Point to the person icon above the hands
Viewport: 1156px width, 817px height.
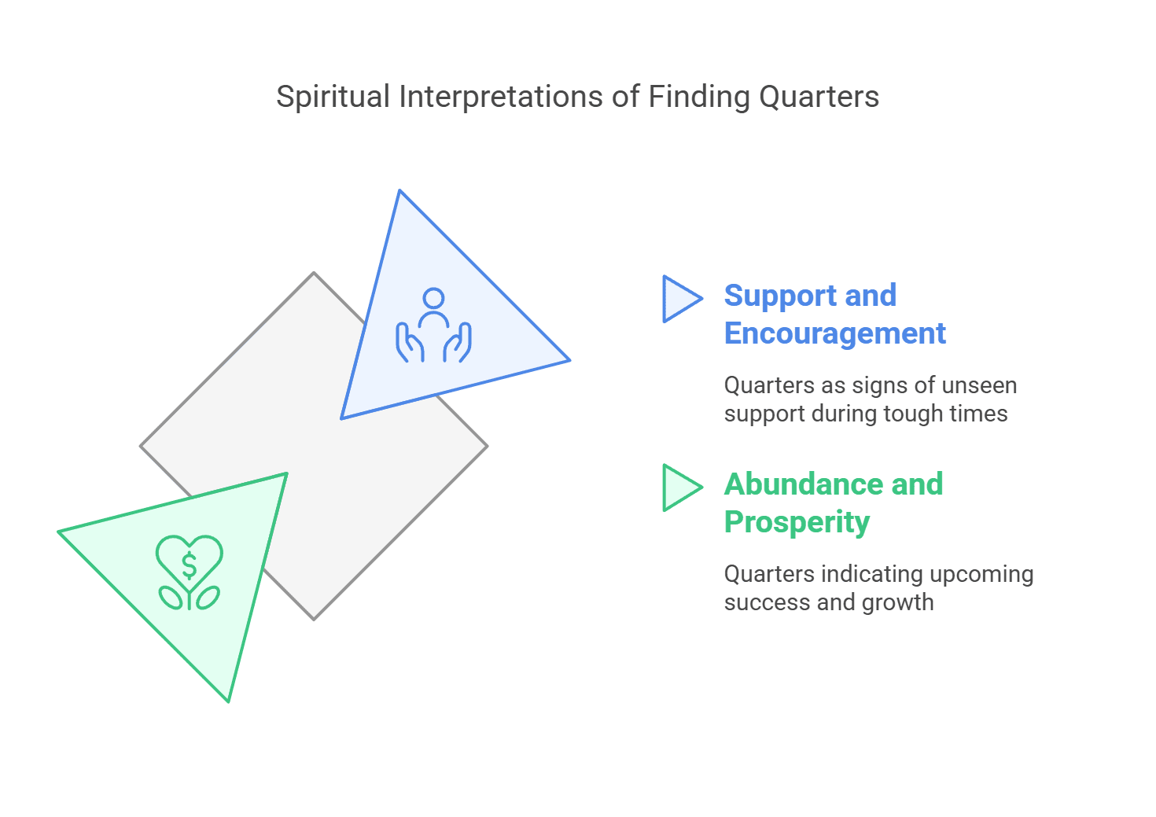pos(433,306)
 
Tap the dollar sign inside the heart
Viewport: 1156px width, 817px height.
pos(190,565)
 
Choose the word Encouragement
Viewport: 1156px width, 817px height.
pos(834,333)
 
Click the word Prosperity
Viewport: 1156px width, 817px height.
pos(797,522)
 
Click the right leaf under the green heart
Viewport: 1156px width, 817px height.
pos(208,598)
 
